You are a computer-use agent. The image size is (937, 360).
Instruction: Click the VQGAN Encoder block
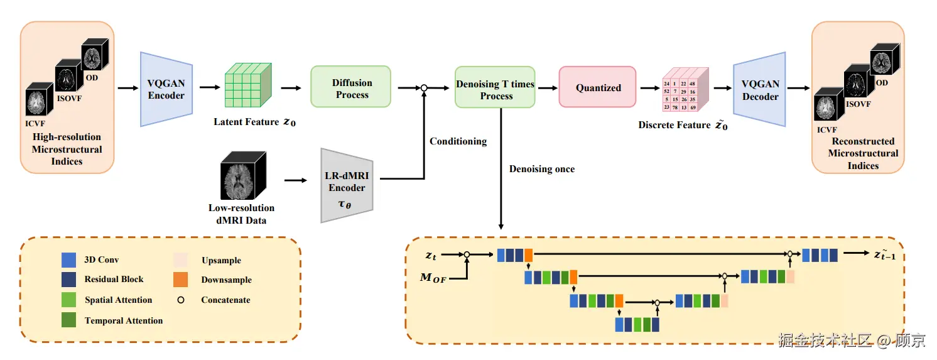point(166,89)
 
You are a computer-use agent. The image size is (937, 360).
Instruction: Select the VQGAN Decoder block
point(760,90)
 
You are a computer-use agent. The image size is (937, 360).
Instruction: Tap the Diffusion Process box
point(351,89)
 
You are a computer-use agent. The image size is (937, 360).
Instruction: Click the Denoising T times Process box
point(496,90)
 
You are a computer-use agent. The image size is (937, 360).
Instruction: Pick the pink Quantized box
point(598,88)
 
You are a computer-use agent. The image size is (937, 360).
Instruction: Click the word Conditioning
point(458,141)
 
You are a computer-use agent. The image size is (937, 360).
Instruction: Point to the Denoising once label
point(541,169)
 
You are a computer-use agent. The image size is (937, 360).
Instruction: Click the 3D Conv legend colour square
point(69,259)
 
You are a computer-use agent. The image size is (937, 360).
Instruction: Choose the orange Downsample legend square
point(180,280)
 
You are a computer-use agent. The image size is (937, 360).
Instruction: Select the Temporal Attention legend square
point(69,320)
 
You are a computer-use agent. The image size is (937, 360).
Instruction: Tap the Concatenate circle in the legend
point(181,300)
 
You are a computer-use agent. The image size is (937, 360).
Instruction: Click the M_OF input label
point(433,278)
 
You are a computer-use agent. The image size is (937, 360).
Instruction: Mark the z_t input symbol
point(431,255)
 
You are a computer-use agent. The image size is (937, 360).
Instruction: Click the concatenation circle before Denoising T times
point(424,88)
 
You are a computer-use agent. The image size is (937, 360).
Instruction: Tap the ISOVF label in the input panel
point(68,98)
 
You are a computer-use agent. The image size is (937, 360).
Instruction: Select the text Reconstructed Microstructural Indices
point(862,153)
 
